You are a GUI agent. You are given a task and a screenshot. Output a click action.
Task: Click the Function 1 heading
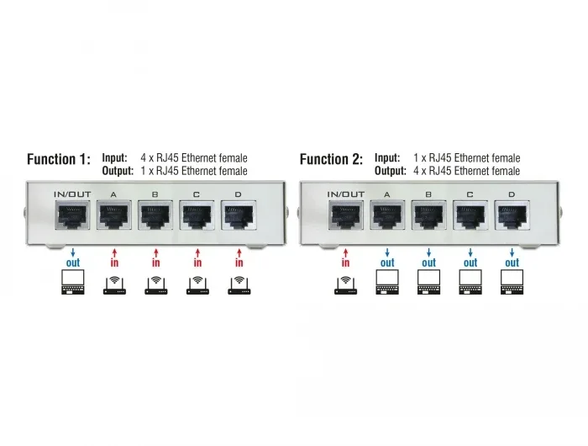(59, 159)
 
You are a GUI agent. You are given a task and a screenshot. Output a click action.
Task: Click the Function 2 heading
(332, 159)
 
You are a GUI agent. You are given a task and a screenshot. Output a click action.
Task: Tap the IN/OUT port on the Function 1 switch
(73, 215)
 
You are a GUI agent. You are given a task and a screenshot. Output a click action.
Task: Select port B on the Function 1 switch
(155, 215)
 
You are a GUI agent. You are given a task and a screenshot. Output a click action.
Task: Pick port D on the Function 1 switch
(239, 215)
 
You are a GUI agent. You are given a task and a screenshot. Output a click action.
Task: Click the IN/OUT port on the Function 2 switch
(346, 215)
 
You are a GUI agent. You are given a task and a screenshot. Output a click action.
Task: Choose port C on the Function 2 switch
(470, 215)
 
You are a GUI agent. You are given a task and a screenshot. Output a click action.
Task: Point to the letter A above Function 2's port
(387, 194)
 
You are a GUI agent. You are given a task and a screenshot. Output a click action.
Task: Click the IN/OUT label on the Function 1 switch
(72, 194)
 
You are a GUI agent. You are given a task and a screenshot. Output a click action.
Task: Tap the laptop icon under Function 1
(73, 282)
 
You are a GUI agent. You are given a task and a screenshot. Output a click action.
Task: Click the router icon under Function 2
(346, 285)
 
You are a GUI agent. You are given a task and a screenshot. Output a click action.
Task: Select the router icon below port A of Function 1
(114, 285)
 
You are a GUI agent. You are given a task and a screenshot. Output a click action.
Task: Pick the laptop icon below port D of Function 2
(512, 282)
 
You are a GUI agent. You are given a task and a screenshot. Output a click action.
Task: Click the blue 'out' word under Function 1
(73, 263)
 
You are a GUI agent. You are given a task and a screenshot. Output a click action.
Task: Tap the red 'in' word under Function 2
(346, 262)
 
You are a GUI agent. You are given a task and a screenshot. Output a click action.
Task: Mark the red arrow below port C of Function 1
(197, 252)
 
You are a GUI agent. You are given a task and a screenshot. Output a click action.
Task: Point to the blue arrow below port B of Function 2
(429, 252)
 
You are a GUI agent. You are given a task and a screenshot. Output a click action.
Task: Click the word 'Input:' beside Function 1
(115, 158)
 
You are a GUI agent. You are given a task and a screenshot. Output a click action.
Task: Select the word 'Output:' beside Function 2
(391, 171)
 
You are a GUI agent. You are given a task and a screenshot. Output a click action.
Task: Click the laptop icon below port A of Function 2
(387, 282)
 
